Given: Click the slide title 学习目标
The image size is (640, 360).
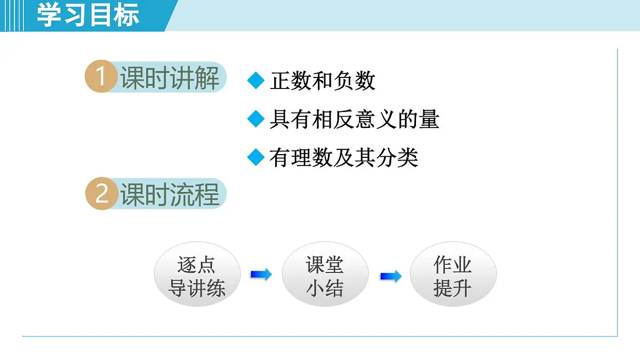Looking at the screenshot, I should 88,15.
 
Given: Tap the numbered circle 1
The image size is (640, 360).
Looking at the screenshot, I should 101,77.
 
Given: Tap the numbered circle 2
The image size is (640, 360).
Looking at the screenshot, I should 101,194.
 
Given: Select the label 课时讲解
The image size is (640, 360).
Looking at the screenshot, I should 170,78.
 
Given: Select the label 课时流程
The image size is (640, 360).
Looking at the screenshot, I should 170,195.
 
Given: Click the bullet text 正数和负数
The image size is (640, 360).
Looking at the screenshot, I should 323,81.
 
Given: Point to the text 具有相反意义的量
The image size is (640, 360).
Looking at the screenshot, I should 354,119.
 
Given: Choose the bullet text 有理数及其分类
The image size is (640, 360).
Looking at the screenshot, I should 343,157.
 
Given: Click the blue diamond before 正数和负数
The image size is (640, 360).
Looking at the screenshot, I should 256,81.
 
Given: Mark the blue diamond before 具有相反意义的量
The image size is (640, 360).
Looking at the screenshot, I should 256,119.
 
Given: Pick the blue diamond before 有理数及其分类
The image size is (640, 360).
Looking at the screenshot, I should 256,157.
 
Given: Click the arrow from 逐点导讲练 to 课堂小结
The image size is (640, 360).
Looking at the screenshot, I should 261,275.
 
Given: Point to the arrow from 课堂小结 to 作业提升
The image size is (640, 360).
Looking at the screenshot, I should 390,276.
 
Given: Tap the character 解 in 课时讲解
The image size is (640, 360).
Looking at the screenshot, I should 207,78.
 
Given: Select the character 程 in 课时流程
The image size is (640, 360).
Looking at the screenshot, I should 207,195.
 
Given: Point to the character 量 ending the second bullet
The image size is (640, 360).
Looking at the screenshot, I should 429,119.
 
